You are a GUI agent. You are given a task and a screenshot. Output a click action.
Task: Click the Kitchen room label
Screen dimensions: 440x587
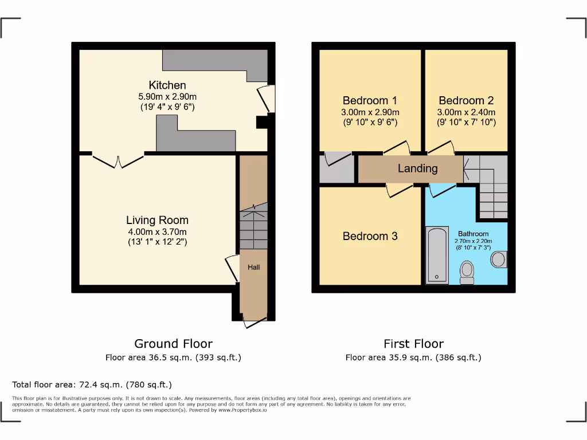[167, 85]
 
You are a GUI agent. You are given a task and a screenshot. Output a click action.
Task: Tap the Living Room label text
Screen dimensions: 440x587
[157, 220]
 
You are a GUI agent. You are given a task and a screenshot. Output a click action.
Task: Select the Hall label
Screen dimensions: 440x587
[253, 267]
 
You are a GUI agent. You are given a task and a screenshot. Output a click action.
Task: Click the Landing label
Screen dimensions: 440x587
[418, 168]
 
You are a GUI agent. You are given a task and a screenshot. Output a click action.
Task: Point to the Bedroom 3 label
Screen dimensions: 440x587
[370, 236]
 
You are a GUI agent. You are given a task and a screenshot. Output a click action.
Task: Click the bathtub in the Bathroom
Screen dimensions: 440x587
[437, 255]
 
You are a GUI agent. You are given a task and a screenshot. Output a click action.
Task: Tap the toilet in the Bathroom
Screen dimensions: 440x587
[467, 272]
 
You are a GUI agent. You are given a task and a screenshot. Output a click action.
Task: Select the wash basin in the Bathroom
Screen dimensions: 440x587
[499, 259]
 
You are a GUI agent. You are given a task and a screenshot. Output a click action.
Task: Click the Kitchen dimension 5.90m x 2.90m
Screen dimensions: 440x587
[167, 97]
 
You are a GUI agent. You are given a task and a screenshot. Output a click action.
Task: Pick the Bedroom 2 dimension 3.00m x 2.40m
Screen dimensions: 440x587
[466, 112]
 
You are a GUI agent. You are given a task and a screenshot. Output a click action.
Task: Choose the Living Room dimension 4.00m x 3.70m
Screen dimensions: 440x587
[157, 231]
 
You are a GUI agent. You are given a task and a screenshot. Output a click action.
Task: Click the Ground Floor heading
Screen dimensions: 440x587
[173, 344]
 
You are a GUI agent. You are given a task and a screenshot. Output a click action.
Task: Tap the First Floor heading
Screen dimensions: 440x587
[413, 344]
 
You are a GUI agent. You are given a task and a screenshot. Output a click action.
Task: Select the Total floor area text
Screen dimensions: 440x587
[92, 384]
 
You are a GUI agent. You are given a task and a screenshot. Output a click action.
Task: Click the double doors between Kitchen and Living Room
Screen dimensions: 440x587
[119, 160]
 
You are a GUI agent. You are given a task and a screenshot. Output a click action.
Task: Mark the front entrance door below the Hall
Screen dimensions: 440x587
[253, 323]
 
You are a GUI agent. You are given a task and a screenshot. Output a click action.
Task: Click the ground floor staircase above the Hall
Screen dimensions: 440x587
[253, 226]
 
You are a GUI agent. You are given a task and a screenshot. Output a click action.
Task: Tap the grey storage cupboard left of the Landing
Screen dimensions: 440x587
[336, 168]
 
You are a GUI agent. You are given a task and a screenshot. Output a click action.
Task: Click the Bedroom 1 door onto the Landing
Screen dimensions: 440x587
[397, 148]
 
